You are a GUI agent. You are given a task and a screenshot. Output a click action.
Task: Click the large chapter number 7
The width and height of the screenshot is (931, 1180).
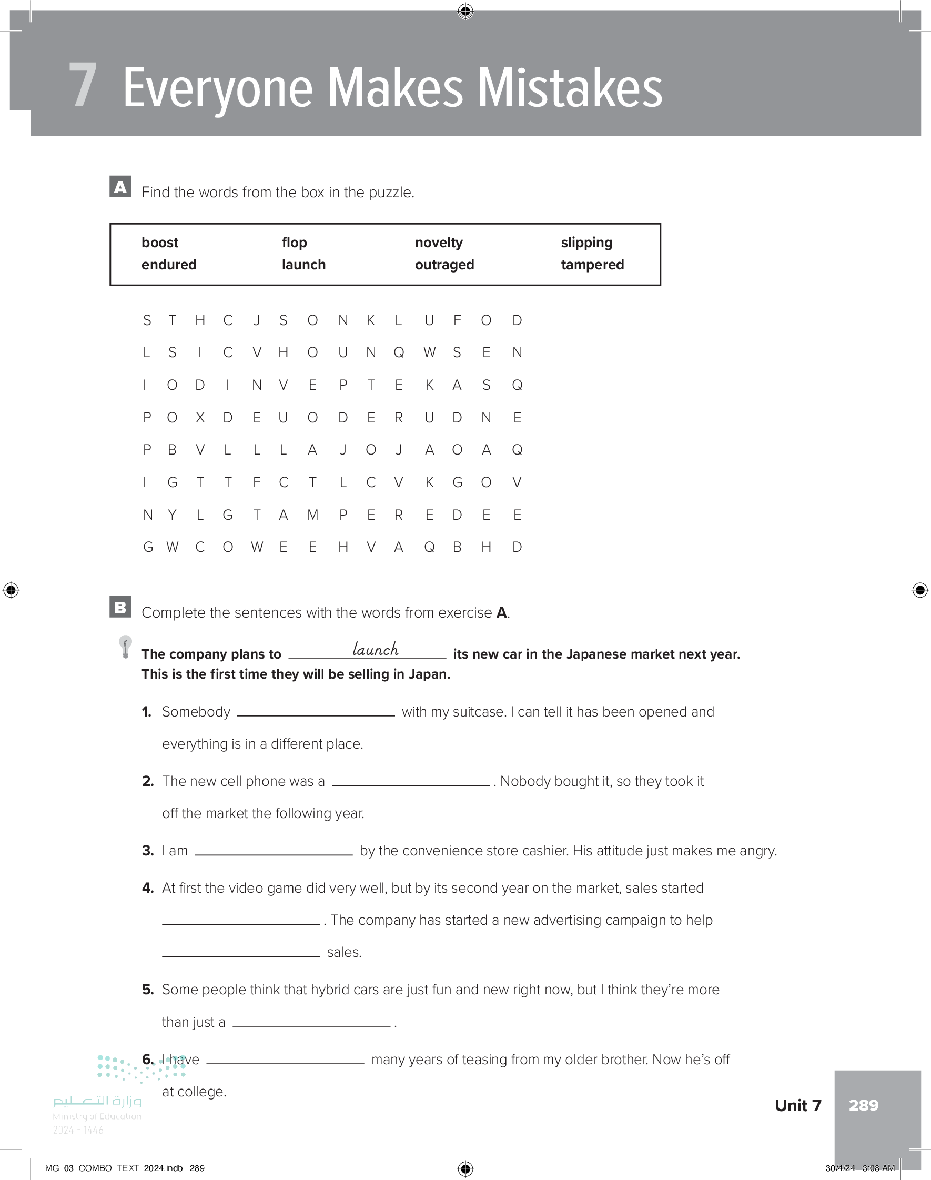pos(83,86)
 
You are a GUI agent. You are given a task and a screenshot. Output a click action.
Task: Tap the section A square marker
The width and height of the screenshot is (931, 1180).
pos(120,186)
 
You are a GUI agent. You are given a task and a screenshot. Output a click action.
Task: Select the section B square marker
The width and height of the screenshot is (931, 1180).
pos(120,607)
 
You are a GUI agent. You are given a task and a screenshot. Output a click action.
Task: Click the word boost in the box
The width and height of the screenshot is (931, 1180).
pos(160,243)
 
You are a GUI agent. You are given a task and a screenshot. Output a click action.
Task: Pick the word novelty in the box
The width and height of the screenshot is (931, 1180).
pos(438,243)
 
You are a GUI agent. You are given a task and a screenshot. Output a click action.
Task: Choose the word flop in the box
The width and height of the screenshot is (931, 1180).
pos(295,243)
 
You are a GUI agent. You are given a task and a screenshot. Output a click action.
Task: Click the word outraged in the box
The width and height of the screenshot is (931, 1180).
pos(444,265)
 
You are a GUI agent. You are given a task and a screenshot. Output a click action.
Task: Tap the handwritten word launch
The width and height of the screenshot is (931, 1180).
pos(375,649)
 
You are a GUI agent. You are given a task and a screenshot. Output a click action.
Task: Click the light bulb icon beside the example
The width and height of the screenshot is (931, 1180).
pos(125,647)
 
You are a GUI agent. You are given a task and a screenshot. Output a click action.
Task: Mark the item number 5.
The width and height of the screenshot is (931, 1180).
pos(148,990)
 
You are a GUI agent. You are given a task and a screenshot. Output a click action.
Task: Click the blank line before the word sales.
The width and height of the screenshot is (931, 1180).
pos(241,955)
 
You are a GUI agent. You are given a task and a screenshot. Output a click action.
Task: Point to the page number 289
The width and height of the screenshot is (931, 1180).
pos(863,1105)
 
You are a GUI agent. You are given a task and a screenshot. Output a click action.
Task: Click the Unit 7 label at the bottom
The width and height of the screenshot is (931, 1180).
pos(797,1105)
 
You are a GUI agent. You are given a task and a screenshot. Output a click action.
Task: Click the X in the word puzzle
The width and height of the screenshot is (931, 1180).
pos(200,418)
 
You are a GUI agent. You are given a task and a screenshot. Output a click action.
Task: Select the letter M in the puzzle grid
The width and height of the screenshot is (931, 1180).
pos(312,515)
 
